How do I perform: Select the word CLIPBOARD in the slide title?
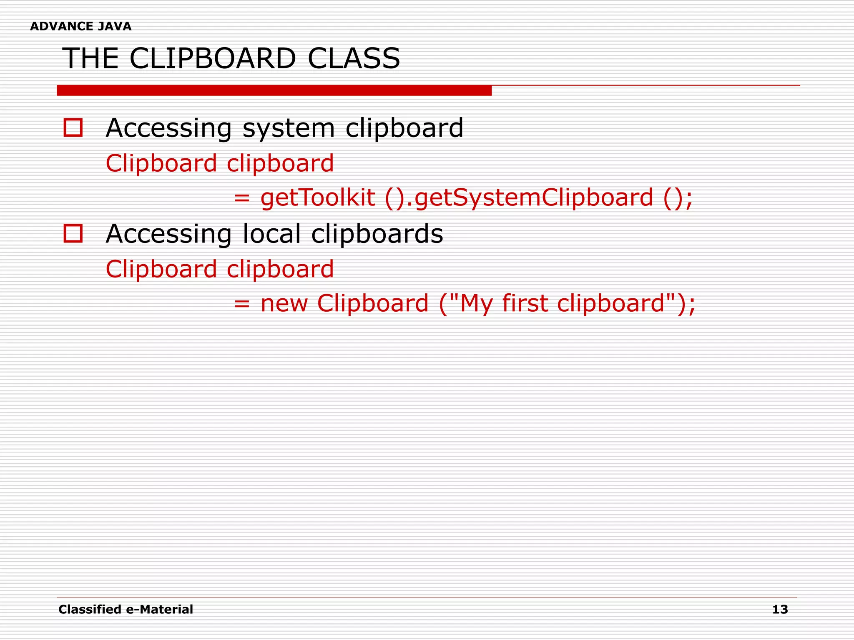tap(213, 58)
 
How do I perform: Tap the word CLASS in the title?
tap(354, 58)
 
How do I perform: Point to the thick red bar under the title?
tap(274, 90)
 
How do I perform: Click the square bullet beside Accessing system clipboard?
tap(73, 127)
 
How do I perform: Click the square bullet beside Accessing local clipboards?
tap(73, 233)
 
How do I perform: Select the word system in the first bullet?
tap(289, 128)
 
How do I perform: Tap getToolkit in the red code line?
tap(317, 197)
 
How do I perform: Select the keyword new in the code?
tap(284, 303)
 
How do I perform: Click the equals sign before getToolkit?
tap(242, 198)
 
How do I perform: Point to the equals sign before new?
tap(242, 304)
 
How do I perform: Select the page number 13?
tap(780, 610)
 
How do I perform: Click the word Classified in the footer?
tap(90, 610)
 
